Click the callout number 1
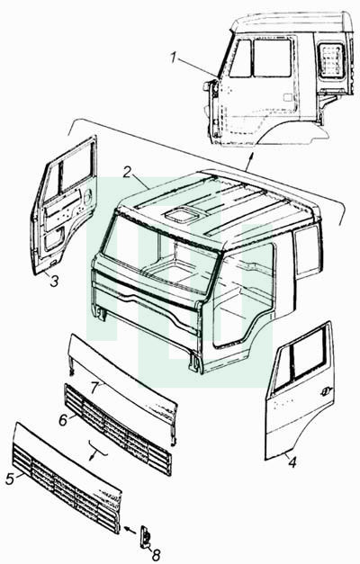click(x=175, y=58)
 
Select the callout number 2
click(x=126, y=172)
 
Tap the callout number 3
click(x=54, y=281)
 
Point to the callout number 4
click(x=292, y=462)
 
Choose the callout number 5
click(x=10, y=479)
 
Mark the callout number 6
click(x=63, y=420)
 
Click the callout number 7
click(x=94, y=388)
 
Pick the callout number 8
click(x=156, y=555)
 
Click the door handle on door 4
click(x=326, y=389)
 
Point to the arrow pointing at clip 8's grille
click(x=130, y=530)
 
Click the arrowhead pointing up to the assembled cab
click(x=251, y=156)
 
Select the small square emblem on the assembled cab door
click(x=288, y=97)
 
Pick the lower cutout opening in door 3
click(x=53, y=240)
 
